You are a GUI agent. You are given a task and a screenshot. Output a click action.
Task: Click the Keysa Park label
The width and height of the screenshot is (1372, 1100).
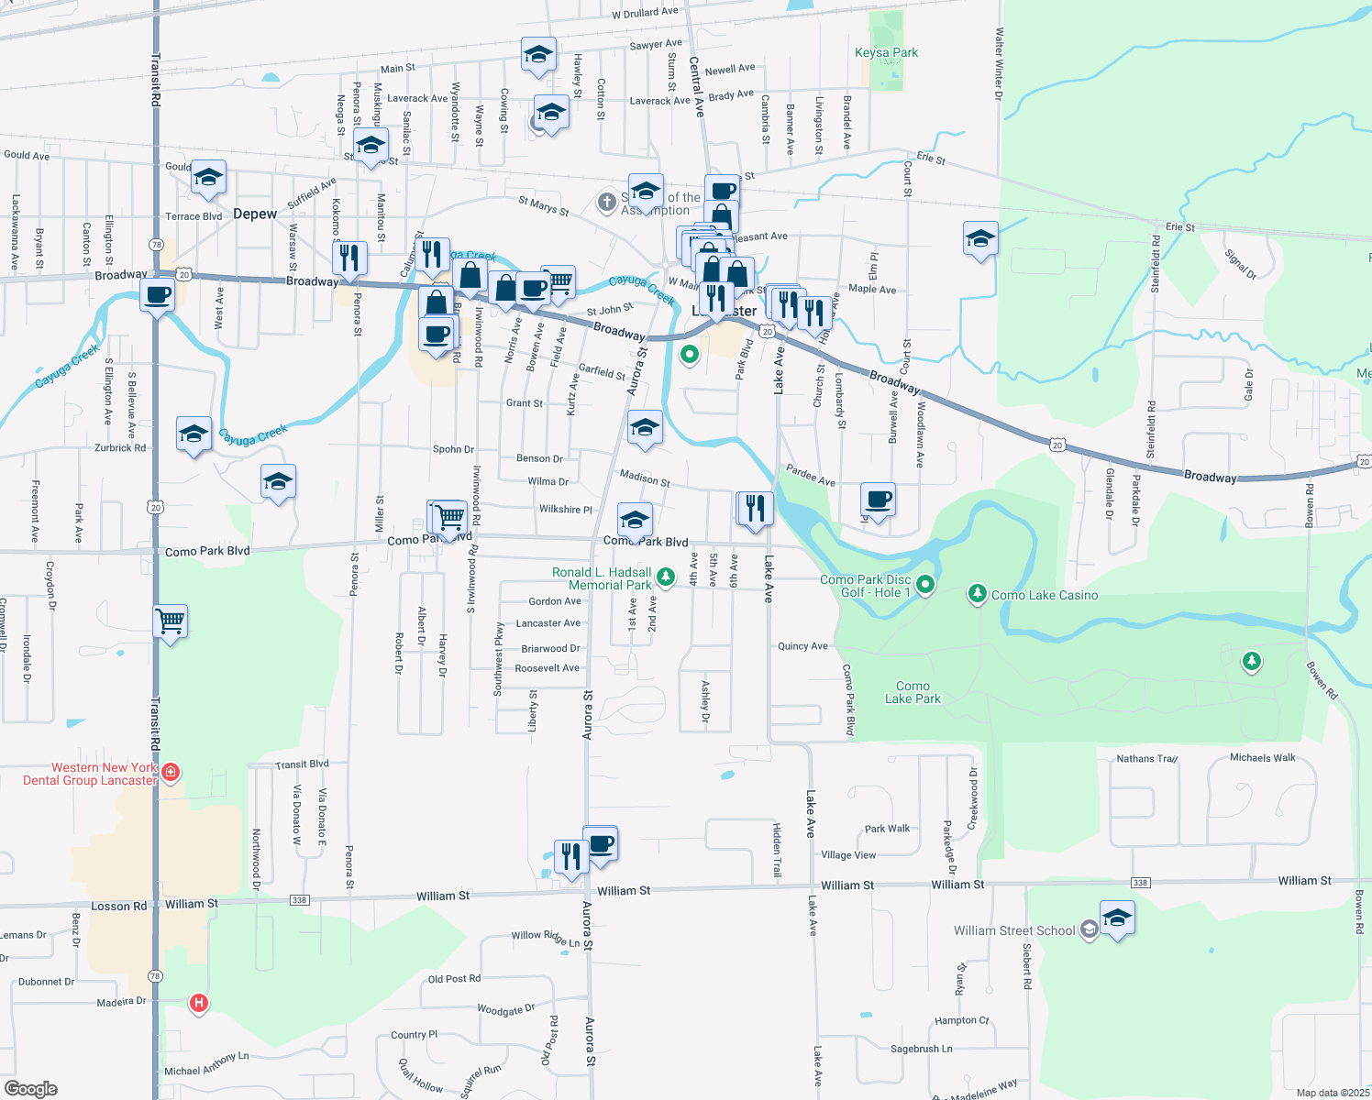tap(886, 52)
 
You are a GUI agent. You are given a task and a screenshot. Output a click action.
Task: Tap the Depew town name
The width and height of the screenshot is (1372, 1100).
tap(255, 214)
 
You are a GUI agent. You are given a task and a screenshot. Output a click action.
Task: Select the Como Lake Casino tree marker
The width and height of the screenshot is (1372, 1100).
tap(978, 595)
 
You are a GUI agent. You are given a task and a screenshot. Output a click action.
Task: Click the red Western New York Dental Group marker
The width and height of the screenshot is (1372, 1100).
tap(170, 774)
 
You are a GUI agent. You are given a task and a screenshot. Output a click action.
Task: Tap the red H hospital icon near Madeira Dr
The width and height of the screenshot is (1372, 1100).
tap(198, 1003)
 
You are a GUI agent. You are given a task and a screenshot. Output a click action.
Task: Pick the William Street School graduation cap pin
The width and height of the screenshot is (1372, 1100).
tap(1116, 918)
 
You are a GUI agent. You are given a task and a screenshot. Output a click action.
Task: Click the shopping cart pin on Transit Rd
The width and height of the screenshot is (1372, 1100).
tap(171, 622)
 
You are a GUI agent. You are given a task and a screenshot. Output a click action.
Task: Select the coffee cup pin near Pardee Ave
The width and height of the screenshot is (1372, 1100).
tap(878, 500)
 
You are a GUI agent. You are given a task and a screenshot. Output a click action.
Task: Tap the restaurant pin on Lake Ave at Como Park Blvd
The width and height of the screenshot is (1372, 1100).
tap(755, 509)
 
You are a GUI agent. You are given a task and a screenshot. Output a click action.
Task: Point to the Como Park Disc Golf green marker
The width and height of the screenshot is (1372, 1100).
tap(925, 584)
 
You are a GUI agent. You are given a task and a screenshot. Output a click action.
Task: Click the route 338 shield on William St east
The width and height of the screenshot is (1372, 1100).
tap(1140, 883)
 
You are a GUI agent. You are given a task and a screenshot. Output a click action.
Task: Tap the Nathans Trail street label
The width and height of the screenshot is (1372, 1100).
tap(1146, 759)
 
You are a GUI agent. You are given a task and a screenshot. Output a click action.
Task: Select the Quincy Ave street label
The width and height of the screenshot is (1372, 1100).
tap(802, 646)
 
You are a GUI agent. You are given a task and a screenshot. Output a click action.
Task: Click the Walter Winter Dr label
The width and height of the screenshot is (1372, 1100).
tap(1000, 58)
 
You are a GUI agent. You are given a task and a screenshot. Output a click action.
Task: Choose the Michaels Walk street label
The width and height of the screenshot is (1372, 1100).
tap(1262, 758)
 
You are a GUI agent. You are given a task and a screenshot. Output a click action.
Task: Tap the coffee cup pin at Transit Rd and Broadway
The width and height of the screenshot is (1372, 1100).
tap(158, 298)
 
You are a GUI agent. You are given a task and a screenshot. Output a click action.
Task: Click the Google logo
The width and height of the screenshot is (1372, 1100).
tap(30, 1089)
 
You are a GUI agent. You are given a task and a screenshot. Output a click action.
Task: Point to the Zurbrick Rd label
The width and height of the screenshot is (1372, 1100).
tap(120, 448)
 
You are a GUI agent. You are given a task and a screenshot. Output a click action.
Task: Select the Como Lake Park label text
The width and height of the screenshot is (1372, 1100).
tap(913, 692)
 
